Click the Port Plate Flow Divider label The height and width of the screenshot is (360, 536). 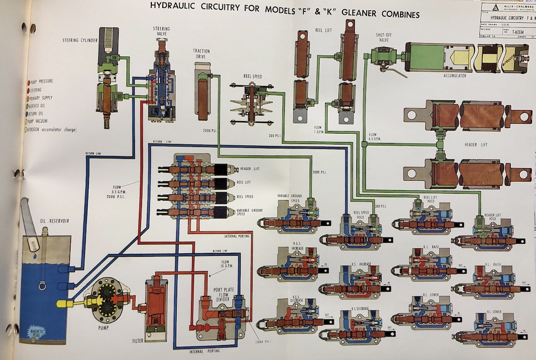point(219,288)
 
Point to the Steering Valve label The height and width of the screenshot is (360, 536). point(162,32)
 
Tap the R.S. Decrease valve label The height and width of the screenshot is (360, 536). point(360,308)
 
